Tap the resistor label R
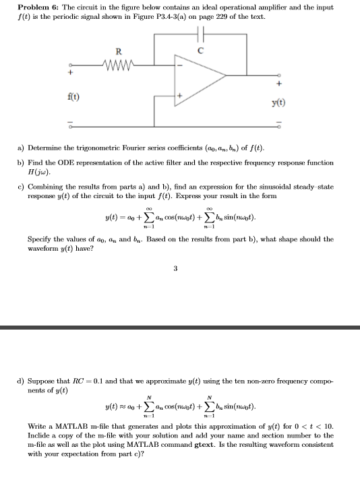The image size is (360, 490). tap(119, 51)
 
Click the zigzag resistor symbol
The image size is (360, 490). tap(119, 65)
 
